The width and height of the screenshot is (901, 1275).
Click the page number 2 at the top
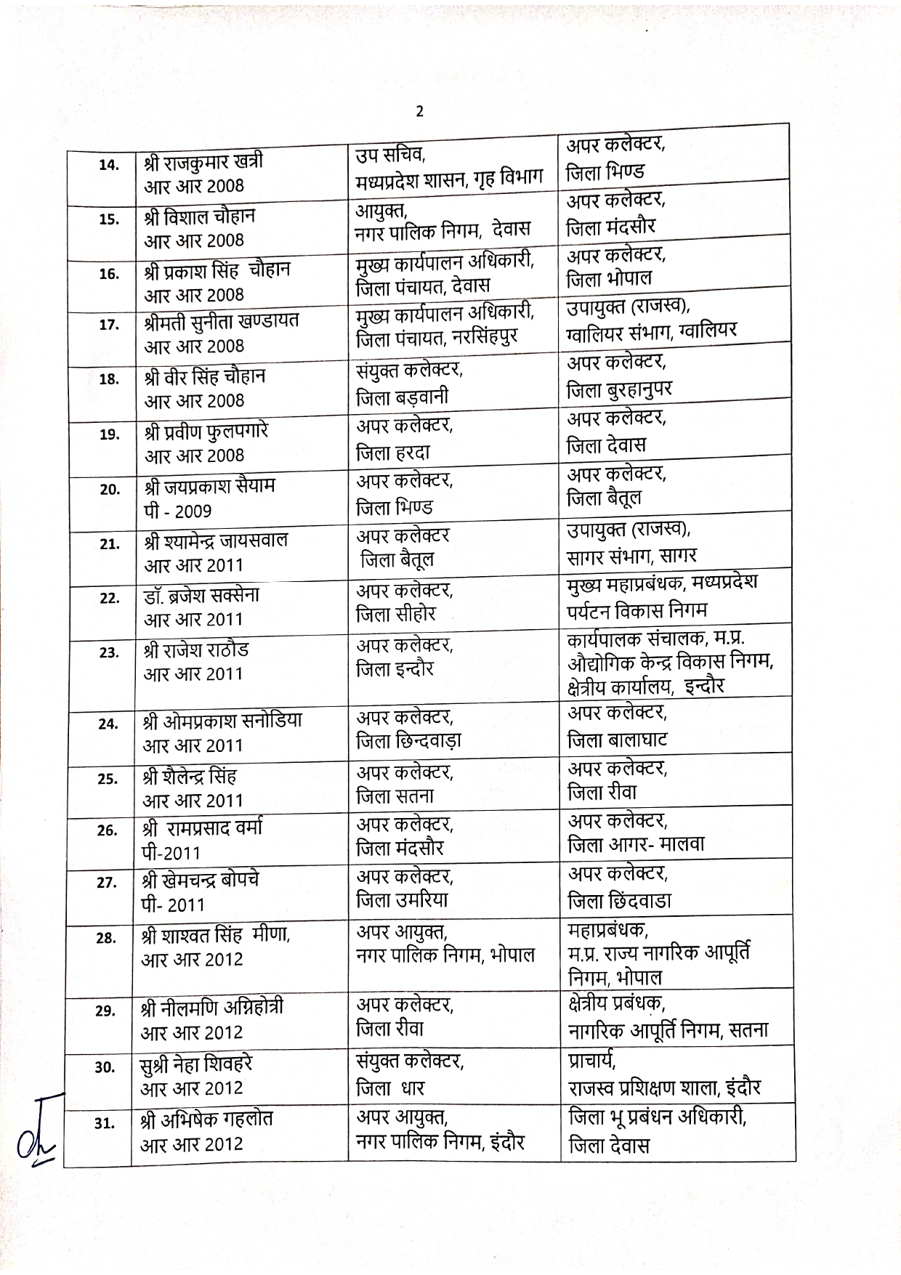click(x=419, y=111)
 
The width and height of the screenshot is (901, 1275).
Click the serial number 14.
click(x=108, y=165)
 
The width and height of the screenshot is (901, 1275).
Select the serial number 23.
click(x=108, y=652)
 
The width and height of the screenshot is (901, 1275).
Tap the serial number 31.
click(x=105, y=1122)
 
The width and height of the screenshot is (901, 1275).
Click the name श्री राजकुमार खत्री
click(x=203, y=160)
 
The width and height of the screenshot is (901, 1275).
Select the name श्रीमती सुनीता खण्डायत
click(x=222, y=320)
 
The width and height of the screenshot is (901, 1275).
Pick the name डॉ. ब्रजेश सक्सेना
click(x=201, y=596)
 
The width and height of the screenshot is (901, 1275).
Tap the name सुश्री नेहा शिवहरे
click(x=196, y=1064)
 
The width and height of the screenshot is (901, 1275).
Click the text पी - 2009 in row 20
click(x=178, y=511)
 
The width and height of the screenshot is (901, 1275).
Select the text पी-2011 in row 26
click(x=171, y=853)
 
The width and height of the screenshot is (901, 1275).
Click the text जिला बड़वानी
click(x=402, y=397)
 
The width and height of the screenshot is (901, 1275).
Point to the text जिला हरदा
click(x=392, y=453)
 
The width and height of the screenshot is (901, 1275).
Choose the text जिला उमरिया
click(x=401, y=899)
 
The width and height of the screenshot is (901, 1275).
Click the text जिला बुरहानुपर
click(x=619, y=391)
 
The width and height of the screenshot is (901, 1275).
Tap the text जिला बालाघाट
click(x=617, y=740)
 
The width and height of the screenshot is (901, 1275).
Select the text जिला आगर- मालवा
click(x=636, y=845)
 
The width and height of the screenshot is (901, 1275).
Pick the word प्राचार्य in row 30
click(x=592, y=1060)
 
